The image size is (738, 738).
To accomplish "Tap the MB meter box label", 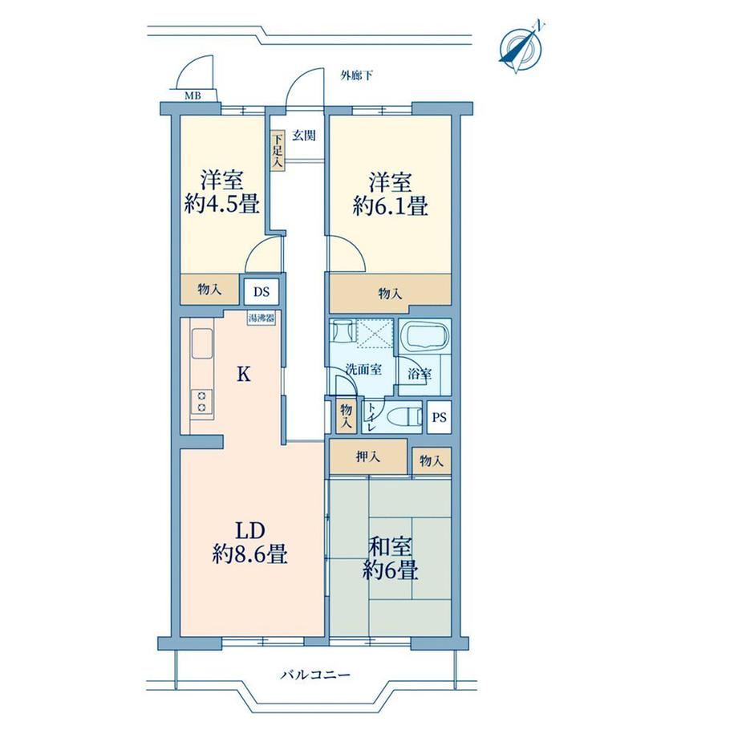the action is tap(193, 96).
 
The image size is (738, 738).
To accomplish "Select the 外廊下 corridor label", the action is tap(357, 75).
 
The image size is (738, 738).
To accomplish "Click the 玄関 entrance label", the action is tap(304, 136).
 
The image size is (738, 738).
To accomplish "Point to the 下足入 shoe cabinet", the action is tap(278, 151).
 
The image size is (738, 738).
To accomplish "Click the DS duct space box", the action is tap(262, 292).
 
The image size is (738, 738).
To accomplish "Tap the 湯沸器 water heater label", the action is tap(262, 318).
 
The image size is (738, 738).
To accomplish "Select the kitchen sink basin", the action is tap(202, 343).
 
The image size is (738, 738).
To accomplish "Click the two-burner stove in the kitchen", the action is tap(201, 401).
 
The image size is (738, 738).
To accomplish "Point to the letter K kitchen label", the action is tap(243, 375).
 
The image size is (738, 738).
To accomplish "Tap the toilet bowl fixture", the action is tap(403, 416).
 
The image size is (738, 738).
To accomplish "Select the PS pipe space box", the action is tap(439, 417).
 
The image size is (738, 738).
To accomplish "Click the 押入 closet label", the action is tap(368, 456).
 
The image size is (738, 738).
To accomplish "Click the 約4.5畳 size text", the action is tap(221, 205).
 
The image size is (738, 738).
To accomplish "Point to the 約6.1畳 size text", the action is tap(390, 206).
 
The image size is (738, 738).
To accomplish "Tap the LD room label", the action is tap(250, 531).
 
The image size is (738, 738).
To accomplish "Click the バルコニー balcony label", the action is tap(316, 675).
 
